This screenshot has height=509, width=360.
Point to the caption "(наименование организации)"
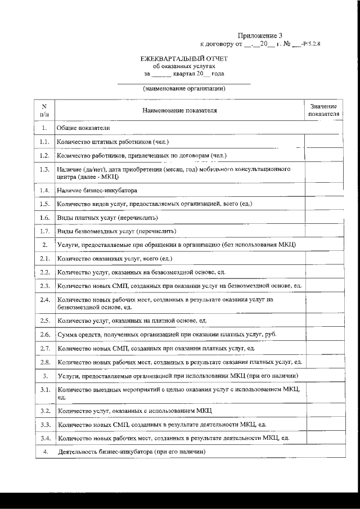click(184, 88)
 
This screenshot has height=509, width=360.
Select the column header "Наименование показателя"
click(179, 110)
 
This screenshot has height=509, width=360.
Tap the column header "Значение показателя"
click(323, 110)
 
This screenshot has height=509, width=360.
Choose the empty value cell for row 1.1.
click(323, 142)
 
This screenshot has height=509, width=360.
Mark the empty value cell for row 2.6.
click(323, 335)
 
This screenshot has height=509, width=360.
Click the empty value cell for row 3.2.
click(323, 411)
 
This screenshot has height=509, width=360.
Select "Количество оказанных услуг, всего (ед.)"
click(115, 259)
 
